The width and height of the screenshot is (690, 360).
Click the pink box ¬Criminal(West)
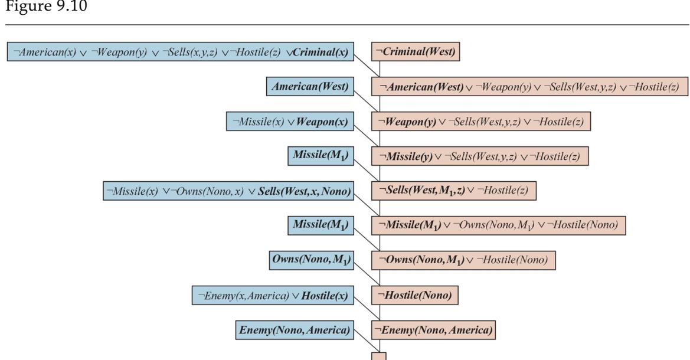pyautogui.click(x=417, y=52)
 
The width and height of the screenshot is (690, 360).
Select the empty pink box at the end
pyautogui.click(x=378, y=356)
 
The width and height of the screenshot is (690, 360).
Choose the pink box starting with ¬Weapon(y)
pyautogui.click(x=480, y=122)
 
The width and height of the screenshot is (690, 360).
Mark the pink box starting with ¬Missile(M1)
pyautogui.click(x=498, y=225)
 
